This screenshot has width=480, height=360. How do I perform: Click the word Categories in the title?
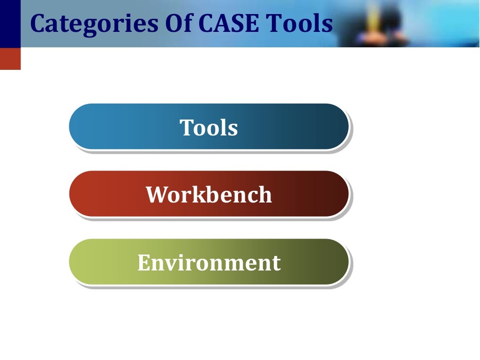(94, 24)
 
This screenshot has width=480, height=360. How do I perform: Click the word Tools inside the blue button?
(209, 127)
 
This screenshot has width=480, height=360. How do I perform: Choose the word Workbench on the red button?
(209, 195)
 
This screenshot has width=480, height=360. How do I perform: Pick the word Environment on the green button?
(209, 262)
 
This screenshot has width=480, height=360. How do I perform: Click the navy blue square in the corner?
(10, 23)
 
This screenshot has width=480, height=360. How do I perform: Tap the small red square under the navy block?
(10, 59)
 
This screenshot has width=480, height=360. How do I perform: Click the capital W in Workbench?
(156, 195)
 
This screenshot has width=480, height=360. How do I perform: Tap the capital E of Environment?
(143, 262)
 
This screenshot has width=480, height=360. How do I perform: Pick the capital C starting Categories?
(38, 24)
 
